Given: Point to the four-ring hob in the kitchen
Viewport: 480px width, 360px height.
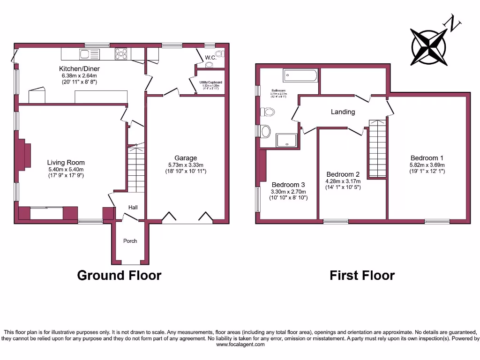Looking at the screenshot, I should pyautogui.click(x=121, y=54).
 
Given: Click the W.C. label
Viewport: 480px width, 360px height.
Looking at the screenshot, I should pyautogui.click(x=210, y=58).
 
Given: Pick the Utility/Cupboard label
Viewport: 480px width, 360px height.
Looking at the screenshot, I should pyautogui.click(x=209, y=82).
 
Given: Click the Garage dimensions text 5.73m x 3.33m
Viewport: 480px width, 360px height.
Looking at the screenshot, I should pyautogui.click(x=186, y=165).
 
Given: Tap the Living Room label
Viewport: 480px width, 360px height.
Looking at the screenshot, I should pyautogui.click(x=66, y=163).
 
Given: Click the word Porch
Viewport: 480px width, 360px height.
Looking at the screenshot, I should pyautogui.click(x=130, y=241).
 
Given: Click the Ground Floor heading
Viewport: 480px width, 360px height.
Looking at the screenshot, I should pyautogui.click(x=119, y=275).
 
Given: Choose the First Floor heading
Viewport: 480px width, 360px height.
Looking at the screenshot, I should pyautogui.click(x=362, y=275).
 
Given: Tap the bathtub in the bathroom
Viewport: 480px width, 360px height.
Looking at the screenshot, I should pyautogui.click(x=300, y=75).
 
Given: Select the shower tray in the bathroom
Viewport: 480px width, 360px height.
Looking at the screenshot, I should pyautogui.click(x=286, y=140).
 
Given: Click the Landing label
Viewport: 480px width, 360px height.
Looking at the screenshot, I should pyautogui.click(x=343, y=112).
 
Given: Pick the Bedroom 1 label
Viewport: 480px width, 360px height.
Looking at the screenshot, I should pyautogui.click(x=427, y=158).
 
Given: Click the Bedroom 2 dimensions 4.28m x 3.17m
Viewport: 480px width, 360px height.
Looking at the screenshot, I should pyautogui.click(x=343, y=181).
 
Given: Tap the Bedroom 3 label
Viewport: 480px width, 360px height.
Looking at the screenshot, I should pyautogui.click(x=288, y=184).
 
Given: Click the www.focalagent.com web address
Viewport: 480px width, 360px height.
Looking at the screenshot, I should pyautogui.click(x=240, y=345).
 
